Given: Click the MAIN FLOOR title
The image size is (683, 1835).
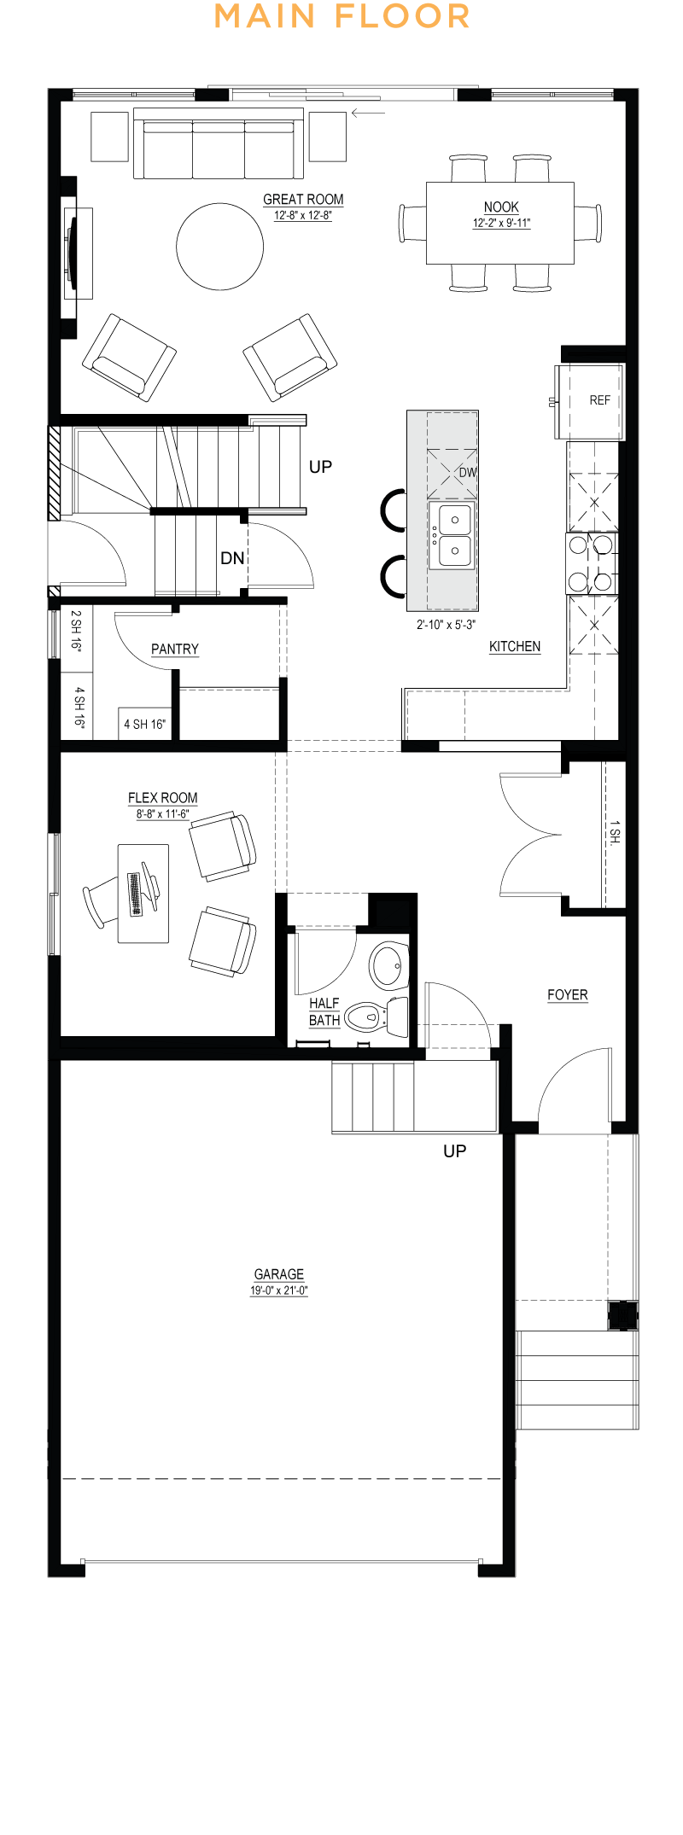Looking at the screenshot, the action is point(341,16).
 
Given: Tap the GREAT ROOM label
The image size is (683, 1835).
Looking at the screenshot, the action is point(303,200).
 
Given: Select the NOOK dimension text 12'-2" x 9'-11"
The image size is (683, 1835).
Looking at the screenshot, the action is point(502,224).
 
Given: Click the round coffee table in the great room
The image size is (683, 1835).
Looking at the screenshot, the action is point(220,246).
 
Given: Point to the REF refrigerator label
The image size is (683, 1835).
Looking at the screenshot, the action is point(600,400).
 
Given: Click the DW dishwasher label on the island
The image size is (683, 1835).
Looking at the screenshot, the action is point(468,473).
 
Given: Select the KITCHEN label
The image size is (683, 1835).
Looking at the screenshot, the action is point(515,647).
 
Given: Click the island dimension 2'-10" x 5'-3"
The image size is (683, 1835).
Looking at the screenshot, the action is point(446,625).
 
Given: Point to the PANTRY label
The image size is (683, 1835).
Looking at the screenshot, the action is point(175,650).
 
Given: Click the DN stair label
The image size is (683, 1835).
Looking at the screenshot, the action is point(232,558).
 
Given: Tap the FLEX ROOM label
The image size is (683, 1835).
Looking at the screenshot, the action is point(163,798).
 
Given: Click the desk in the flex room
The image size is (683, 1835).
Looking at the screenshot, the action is point(143,894).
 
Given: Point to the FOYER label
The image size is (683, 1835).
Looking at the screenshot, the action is point(568,995).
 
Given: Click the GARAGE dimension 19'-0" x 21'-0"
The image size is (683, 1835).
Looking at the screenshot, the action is point(279,1290).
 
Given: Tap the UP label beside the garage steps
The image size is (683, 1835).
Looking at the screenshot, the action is point(455,1151).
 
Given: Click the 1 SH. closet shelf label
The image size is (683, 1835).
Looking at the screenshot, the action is point(616,833).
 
